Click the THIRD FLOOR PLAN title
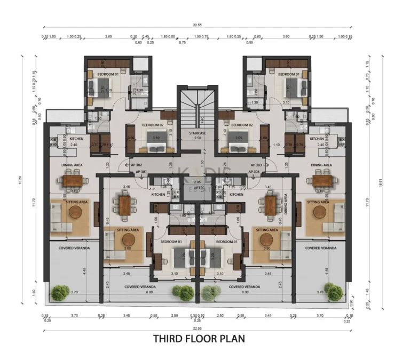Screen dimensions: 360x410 tap(199, 338)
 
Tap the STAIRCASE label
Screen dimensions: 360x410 tap(198, 132)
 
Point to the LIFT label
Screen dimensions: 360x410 tap(198, 188)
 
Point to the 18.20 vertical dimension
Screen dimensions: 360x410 tap(22, 181)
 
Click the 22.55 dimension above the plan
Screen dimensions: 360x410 tap(198, 24)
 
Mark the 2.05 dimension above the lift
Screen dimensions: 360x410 tap(198, 182)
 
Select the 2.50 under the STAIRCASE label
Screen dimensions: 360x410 tap(198, 138)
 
